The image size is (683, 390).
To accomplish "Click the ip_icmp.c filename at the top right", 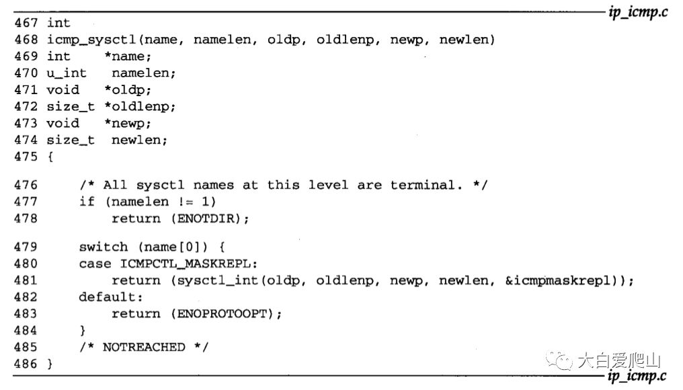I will pyautogui.click(x=637, y=13).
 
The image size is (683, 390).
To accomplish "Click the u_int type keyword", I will pyautogui.click(x=67, y=73).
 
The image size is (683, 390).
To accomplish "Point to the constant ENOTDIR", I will pyautogui.click(x=204, y=219).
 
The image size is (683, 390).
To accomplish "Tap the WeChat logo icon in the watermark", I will pyautogui.click(x=560, y=362).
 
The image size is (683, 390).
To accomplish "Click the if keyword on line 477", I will pyautogui.click(x=86, y=202).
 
